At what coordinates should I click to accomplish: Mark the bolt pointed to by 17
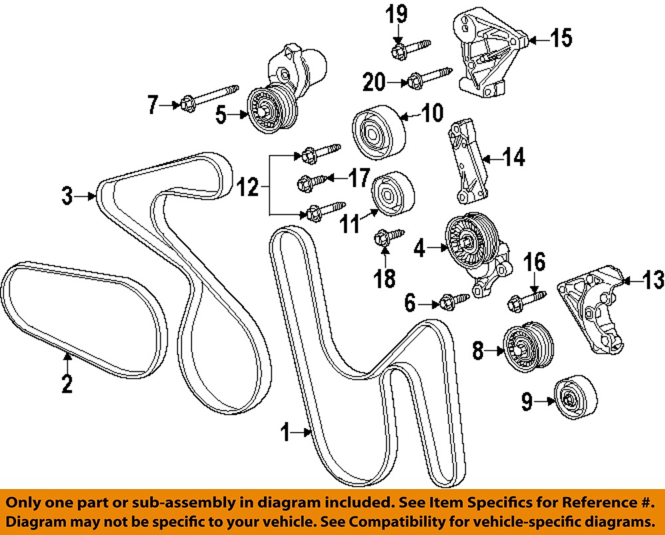tap(313, 179)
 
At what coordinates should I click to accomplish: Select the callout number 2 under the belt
tap(66, 384)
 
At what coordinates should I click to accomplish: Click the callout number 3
tap(66, 196)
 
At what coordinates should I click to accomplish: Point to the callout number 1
tap(285, 435)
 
